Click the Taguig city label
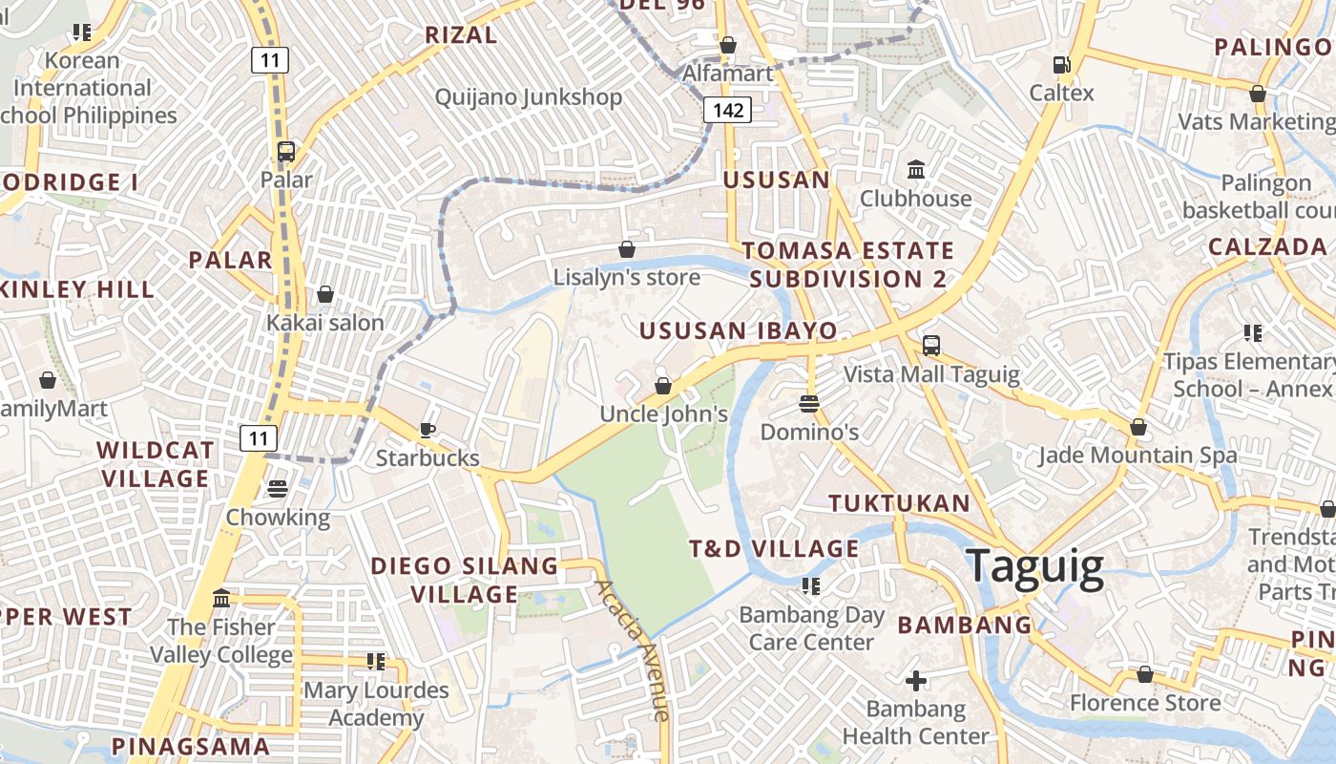[x=1035, y=566]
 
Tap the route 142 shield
[x=728, y=110]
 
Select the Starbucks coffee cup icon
[x=428, y=430]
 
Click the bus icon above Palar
[x=285, y=151]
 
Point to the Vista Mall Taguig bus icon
[x=931, y=346]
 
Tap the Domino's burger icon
[x=809, y=403]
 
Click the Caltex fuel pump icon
[x=1061, y=65]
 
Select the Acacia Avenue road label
[x=633, y=649]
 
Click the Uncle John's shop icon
[x=663, y=386]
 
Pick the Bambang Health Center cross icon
[x=916, y=681]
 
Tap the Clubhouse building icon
[x=916, y=170]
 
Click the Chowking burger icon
[x=278, y=489]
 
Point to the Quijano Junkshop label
[x=529, y=97]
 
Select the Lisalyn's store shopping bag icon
[x=627, y=249]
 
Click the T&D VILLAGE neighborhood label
[x=774, y=549]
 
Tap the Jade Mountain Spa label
[x=1138, y=456]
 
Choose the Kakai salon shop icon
[x=325, y=294]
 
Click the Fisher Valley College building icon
[x=221, y=599]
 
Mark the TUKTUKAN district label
[x=899, y=503]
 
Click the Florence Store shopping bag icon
[x=1145, y=675]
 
